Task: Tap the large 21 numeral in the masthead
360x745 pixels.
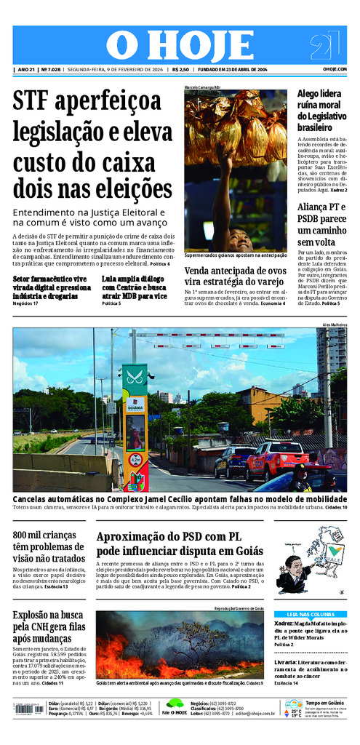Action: tap(324, 46)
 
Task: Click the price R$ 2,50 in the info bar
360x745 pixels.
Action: tap(180, 70)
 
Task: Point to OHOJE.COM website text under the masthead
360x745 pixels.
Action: tap(335, 70)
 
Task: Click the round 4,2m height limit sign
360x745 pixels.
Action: tap(135, 460)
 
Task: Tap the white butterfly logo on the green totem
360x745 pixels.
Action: tap(134, 378)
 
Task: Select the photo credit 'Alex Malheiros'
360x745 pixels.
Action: tap(334, 324)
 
